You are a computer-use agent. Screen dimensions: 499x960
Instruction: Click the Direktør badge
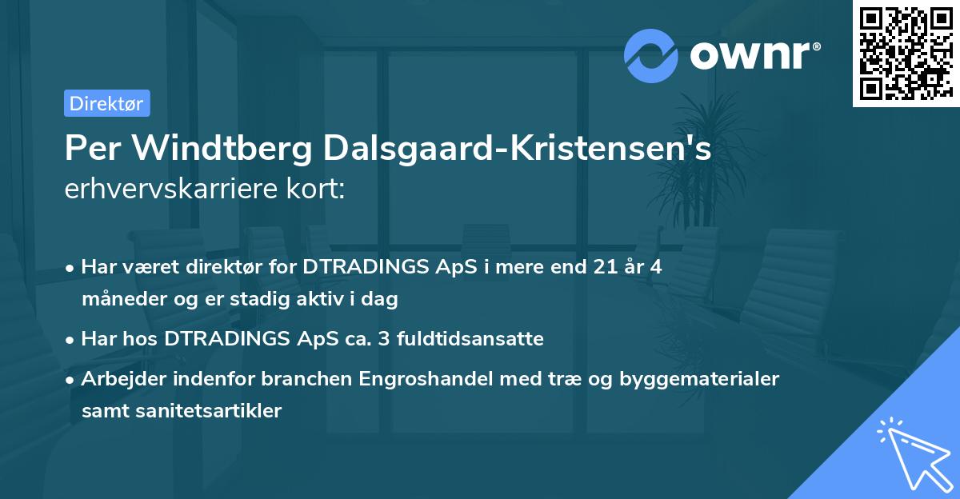106,103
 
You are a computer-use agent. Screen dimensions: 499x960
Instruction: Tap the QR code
906,54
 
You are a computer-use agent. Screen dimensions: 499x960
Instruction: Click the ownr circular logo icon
651,56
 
